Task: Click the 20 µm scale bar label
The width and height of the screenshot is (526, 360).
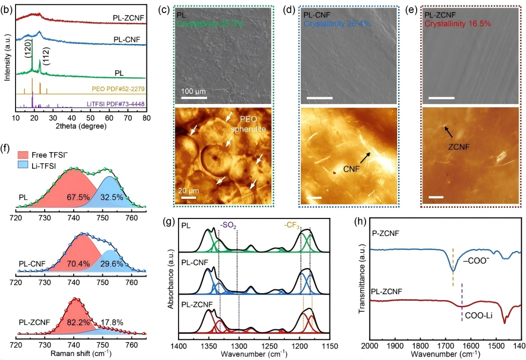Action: [x=189, y=189]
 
